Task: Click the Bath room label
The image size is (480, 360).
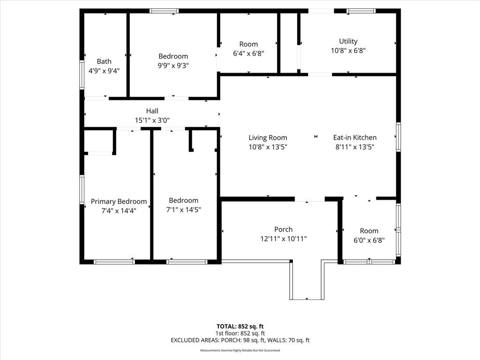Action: coord(104,61)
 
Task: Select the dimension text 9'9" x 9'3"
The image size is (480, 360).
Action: coord(173,66)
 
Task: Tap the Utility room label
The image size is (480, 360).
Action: coord(348,41)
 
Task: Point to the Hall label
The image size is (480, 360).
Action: coord(152,111)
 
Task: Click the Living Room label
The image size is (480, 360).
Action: coord(268,138)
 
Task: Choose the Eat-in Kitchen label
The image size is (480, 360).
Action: coord(355,137)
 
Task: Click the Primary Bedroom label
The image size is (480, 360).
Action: coord(119,202)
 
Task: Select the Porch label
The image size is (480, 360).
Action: coord(284,229)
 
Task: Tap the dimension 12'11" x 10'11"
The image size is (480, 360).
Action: coord(284,239)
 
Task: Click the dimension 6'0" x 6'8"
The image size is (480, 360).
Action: coord(369,240)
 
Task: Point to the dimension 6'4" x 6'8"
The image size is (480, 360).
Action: coord(248,53)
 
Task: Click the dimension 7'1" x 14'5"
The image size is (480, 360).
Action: coord(184,210)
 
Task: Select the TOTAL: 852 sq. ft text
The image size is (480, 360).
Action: coord(240,326)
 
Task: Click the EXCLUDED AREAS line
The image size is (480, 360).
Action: coord(240,340)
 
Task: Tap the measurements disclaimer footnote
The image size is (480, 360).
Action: coord(240,350)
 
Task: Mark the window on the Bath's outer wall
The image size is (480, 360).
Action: coord(82,75)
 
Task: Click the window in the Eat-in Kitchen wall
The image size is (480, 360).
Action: coord(398,137)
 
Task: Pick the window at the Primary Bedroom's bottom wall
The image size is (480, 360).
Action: coord(114,262)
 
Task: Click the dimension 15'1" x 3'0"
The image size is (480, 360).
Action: coord(152,120)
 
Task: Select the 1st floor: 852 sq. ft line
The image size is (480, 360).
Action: coord(240,333)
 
